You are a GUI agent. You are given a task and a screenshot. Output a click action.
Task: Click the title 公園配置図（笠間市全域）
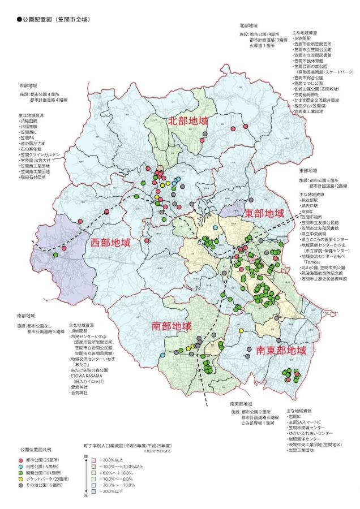pos(50,19)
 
